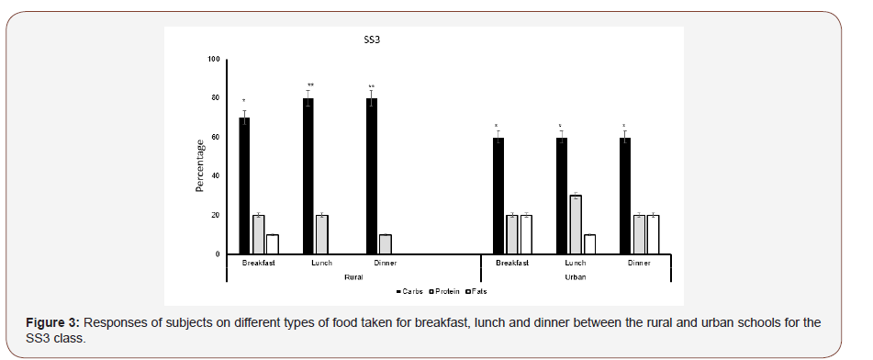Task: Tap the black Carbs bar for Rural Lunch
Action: (308, 175)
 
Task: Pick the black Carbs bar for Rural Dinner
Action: (372, 175)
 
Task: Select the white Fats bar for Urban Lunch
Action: (588, 243)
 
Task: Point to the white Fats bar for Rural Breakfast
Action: (273, 243)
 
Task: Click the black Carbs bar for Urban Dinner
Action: (625, 195)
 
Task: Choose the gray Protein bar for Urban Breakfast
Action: (511, 233)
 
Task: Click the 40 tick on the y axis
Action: (216, 175)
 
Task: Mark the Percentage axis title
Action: (199, 166)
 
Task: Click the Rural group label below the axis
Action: (352, 276)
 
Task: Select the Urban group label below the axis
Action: (575, 276)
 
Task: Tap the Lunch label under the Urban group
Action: (575, 264)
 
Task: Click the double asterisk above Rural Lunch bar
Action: (310, 85)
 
